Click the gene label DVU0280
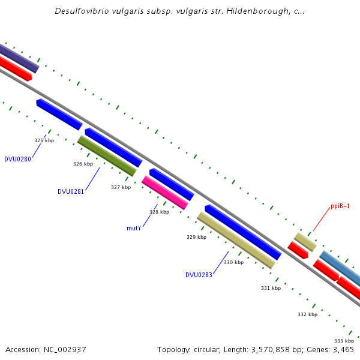click(x=17, y=159)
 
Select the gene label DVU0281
click(x=71, y=191)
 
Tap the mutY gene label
click(x=134, y=228)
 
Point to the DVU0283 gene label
click(x=199, y=275)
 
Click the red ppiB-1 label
click(x=340, y=206)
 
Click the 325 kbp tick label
click(x=44, y=140)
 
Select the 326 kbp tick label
click(x=83, y=164)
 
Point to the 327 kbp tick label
click(x=121, y=187)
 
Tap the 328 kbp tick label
click(x=159, y=212)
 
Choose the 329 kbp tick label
click(x=196, y=237)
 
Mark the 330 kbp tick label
click(x=233, y=262)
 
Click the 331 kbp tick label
click(x=271, y=288)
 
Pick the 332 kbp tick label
click(x=307, y=314)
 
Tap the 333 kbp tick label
click(x=344, y=341)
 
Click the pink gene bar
click(x=165, y=193)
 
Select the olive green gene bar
click(x=107, y=156)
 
